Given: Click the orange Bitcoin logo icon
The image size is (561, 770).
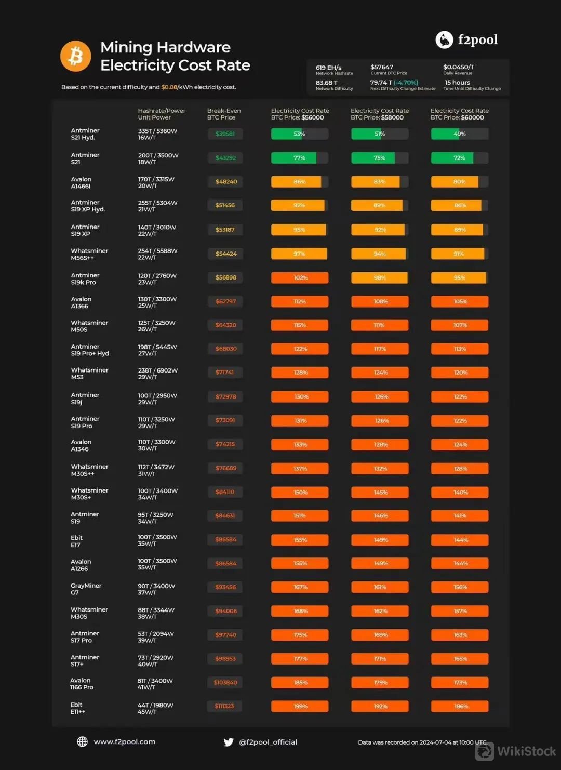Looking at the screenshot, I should [x=75, y=56].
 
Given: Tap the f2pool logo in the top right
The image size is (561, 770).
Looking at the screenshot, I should [x=466, y=39].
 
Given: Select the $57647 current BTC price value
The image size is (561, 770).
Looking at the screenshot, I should [x=382, y=67].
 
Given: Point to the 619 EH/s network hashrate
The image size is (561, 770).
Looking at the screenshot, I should [x=328, y=68].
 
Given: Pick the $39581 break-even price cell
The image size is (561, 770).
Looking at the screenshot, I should [x=225, y=134].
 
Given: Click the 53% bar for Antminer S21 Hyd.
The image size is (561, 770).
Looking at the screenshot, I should [x=299, y=134].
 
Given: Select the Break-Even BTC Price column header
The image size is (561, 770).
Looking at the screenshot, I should [x=224, y=114].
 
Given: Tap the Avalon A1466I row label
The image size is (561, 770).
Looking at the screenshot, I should [x=81, y=182].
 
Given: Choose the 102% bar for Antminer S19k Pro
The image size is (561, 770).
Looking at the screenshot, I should [x=300, y=278].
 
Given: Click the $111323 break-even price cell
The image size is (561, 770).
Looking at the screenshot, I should [x=224, y=706].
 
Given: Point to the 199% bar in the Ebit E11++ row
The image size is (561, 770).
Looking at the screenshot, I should [x=300, y=706].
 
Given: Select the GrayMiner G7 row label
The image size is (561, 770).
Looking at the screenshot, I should [x=86, y=589].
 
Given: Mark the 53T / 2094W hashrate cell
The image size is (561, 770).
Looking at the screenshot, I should [x=156, y=634].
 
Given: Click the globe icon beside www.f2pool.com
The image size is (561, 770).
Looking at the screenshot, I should [x=82, y=742].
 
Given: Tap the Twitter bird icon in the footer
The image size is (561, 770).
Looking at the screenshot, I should [x=228, y=742].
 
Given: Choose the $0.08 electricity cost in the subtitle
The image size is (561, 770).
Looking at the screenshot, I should [x=169, y=87].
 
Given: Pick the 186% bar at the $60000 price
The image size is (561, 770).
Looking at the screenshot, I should [x=460, y=706].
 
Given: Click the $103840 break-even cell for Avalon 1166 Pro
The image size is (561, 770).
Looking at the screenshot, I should [x=225, y=683].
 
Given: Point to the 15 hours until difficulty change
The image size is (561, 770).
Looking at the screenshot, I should [x=457, y=83].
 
